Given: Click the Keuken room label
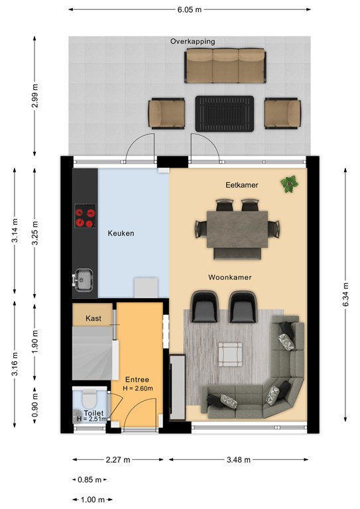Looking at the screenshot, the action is click(121, 233).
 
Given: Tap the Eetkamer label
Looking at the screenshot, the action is click(242, 185).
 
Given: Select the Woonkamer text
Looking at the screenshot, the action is click(230, 277).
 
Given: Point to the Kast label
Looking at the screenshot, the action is click(93, 318).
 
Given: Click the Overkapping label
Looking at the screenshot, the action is click(193, 41).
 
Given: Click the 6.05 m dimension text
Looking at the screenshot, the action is click(190, 9).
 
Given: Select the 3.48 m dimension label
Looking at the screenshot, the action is click(239, 459).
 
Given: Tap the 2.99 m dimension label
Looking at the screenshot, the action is click(35, 95).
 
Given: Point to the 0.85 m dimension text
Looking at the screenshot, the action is click(90, 479).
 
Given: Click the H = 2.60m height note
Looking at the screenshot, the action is click(138, 388).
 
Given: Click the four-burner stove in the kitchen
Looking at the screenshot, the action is click(86, 215).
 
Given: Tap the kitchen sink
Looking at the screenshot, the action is click(84, 280).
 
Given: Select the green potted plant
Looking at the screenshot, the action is click(289, 184).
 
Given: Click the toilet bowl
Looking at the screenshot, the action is click(90, 398).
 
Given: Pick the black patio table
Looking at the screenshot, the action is click(225, 113).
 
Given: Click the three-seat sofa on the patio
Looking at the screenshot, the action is click(225, 66).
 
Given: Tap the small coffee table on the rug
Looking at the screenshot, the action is click(230, 355).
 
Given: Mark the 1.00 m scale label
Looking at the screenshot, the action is click(93, 500).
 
